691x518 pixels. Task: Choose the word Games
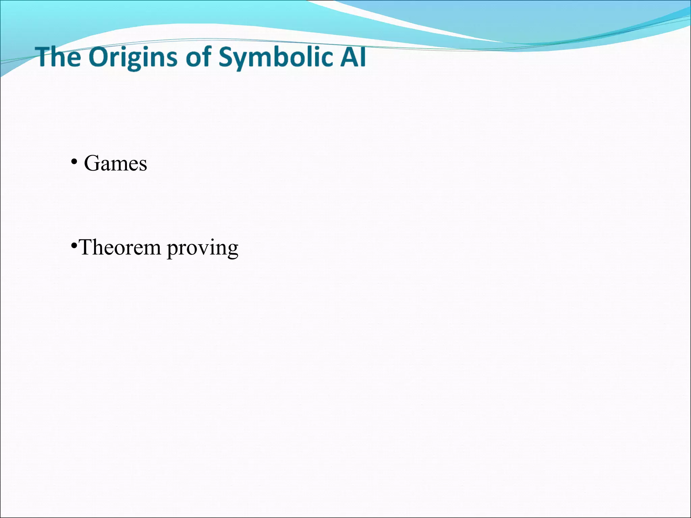tap(115, 164)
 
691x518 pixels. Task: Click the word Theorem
tap(119, 247)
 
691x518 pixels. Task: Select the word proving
tap(203, 249)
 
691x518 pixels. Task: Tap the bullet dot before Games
tap(74, 162)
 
